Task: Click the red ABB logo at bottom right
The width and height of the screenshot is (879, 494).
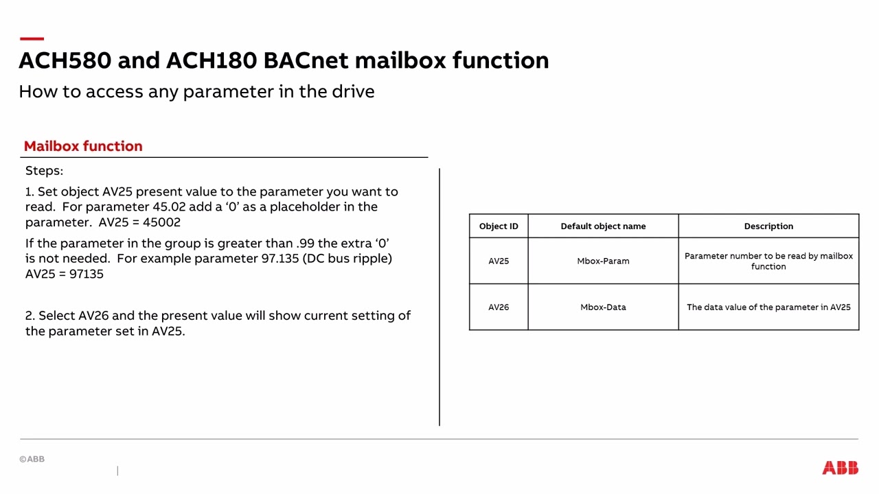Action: pyautogui.click(x=840, y=468)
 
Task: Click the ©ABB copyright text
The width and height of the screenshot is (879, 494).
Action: pyautogui.click(x=32, y=459)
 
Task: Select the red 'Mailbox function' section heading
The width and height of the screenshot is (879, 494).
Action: pyautogui.click(x=83, y=146)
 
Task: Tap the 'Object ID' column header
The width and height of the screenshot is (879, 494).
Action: pyautogui.click(x=499, y=226)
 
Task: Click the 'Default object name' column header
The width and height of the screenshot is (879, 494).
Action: pyautogui.click(x=603, y=226)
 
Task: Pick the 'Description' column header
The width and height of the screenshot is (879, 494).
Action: pyautogui.click(x=768, y=226)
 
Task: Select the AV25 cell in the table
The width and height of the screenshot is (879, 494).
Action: pyautogui.click(x=499, y=261)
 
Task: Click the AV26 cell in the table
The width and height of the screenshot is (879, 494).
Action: pyautogui.click(x=499, y=307)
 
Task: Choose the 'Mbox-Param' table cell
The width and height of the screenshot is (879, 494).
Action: pyautogui.click(x=603, y=261)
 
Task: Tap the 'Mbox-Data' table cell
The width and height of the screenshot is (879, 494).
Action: pyautogui.click(x=603, y=307)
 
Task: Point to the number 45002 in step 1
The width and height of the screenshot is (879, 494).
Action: pyautogui.click(x=161, y=222)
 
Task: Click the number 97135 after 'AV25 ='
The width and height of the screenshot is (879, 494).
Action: pyautogui.click(x=87, y=274)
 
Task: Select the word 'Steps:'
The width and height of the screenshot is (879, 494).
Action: pyautogui.click(x=44, y=171)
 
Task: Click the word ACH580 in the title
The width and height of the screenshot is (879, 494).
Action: pyautogui.click(x=65, y=60)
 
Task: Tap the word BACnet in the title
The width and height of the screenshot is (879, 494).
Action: pyautogui.click(x=306, y=60)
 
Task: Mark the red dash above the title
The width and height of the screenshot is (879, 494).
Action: pyautogui.click(x=32, y=39)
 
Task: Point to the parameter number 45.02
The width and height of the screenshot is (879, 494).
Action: pyautogui.click(x=169, y=207)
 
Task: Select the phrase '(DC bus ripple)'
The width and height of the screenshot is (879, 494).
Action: pyautogui.click(x=347, y=259)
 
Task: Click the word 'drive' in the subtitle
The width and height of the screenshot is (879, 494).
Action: pyautogui.click(x=352, y=92)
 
